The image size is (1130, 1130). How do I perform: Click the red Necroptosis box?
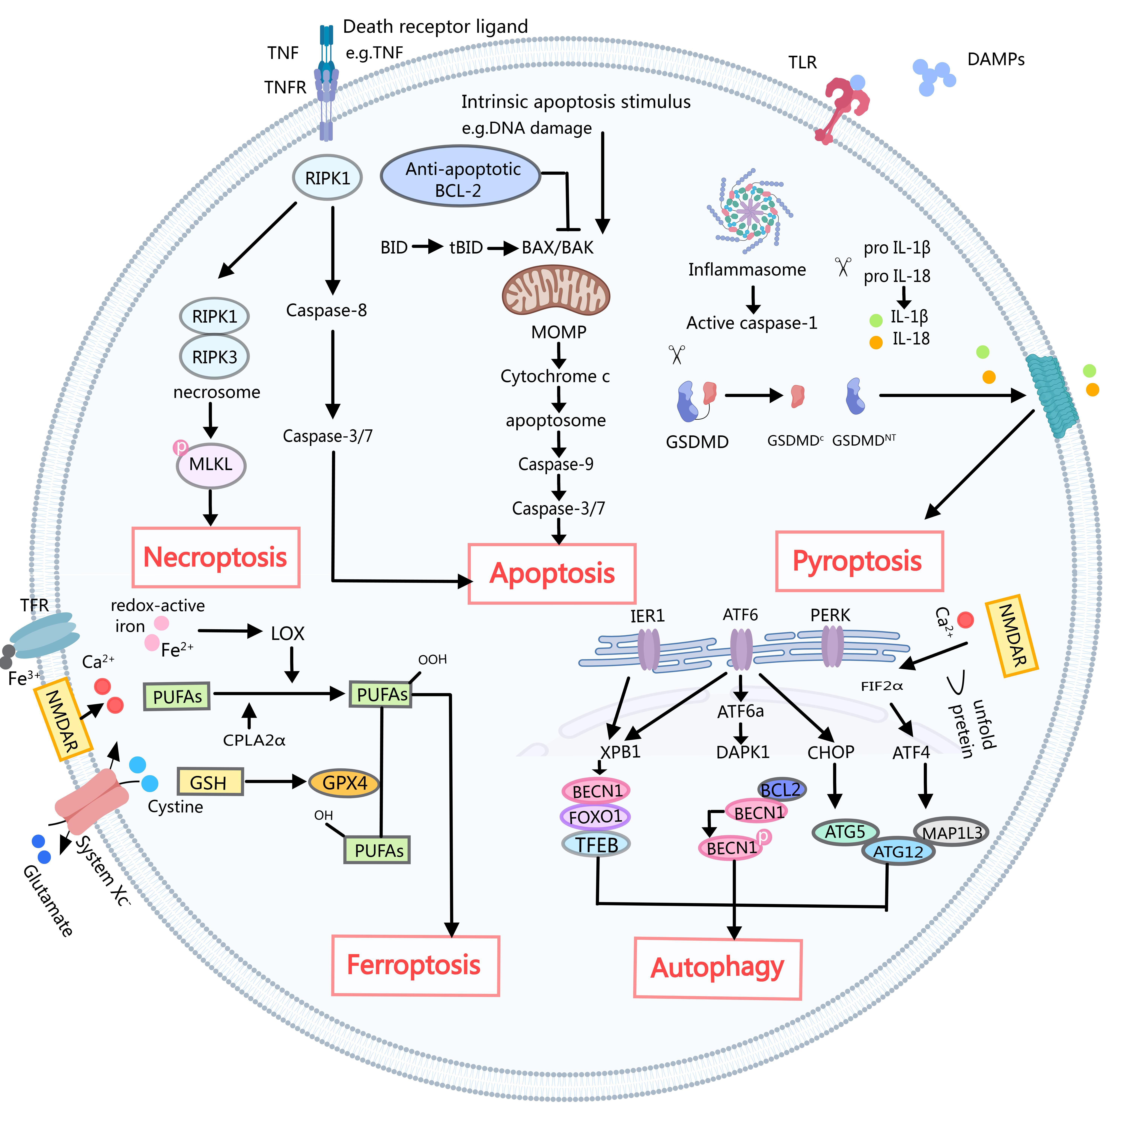pos(216,557)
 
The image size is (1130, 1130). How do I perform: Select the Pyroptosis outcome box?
pos(859,561)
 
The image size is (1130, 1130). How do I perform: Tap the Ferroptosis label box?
pos(415,965)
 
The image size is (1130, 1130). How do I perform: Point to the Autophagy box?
pos(718,968)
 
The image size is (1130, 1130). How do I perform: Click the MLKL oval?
pos(211,465)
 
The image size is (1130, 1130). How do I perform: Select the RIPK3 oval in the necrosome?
pos(215,357)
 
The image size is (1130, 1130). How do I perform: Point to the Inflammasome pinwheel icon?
pos(749,211)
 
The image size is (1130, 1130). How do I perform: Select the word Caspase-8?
pos(326,311)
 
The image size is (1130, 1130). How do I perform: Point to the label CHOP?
pos(831,752)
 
